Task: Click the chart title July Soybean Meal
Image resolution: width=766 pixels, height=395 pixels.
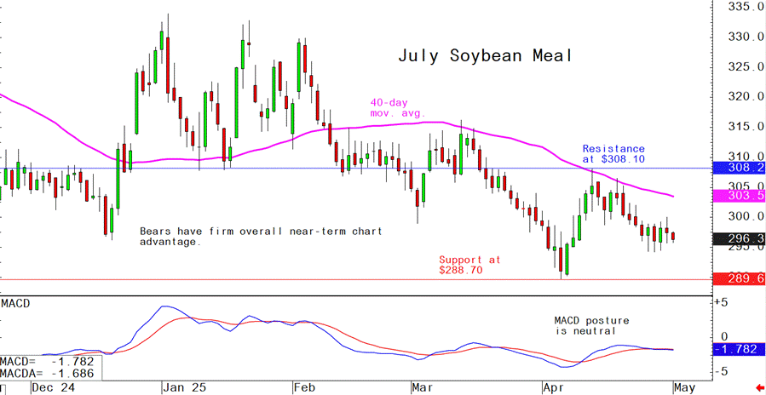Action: click(x=485, y=56)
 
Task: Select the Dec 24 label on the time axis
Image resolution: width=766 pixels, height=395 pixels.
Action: click(x=53, y=386)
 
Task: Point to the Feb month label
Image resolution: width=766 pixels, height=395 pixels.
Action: click(x=304, y=386)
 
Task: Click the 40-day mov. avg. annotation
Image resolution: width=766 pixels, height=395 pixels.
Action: click(x=397, y=106)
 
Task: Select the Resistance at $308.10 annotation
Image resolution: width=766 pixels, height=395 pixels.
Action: click(x=613, y=153)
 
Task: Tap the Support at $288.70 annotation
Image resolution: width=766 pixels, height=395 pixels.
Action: click(x=469, y=264)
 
